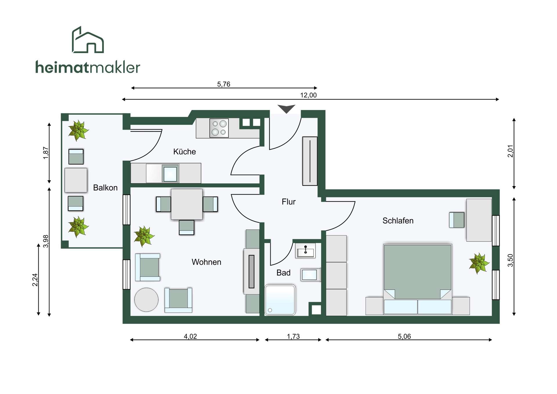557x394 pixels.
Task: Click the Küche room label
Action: pyautogui.click(x=185, y=152)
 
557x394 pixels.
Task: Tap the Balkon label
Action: pyautogui.click(x=105, y=188)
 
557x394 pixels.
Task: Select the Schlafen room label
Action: pyautogui.click(x=398, y=221)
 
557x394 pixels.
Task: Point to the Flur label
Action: pyautogui.click(x=289, y=202)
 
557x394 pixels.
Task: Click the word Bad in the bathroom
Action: pyautogui.click(x=283, y=273)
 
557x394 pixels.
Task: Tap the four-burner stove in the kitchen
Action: pyautogui.click(x=219, y=128)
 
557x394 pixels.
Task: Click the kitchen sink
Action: pyautogui.click(x=170, y=174)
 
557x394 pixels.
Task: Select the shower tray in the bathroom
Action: pyautogui.click(x=280, y=300)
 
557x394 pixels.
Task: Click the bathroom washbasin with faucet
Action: pyautogui.click(x=305, y=251)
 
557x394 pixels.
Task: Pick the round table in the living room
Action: pyautogui.click(x=147, y=300)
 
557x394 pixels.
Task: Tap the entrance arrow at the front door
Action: pyautogui.click(x=286, y=109)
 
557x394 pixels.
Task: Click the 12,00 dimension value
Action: pyautogui.click(x=308, y=95)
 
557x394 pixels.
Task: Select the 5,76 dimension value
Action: pyautogui.click(x=224, y=84)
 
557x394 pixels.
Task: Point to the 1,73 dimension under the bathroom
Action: pyautogui.click(x=293, y=336)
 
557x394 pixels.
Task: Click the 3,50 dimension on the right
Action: pyautogui.click(x=510, y=260)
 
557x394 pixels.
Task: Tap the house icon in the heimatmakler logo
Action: pyautogui.click(x=88, y=40)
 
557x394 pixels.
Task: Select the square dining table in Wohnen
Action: pyautogui.click(x=187, y=204)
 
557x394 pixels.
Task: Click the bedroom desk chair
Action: pyautogui.click(x=457, y=220)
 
